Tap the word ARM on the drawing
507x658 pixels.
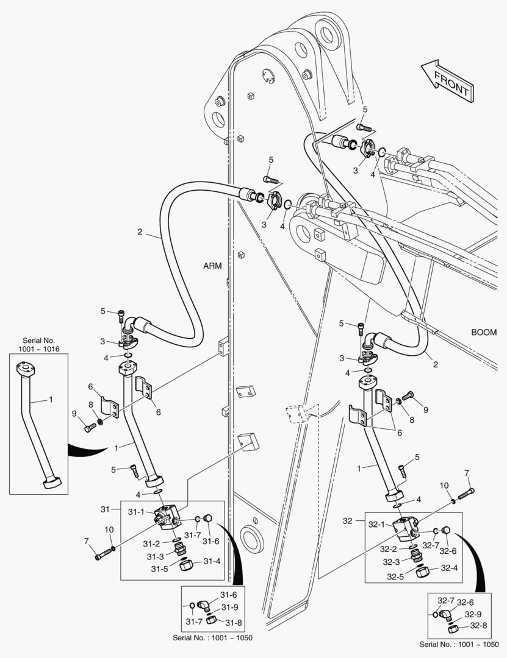point(213,266)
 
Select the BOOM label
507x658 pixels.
point(483,333)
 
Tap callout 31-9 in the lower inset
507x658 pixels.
point(230,607)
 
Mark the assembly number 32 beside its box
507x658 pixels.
point(348,521)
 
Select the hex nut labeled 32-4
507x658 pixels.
point(421,572)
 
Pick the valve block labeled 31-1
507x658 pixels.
point(167,515)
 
